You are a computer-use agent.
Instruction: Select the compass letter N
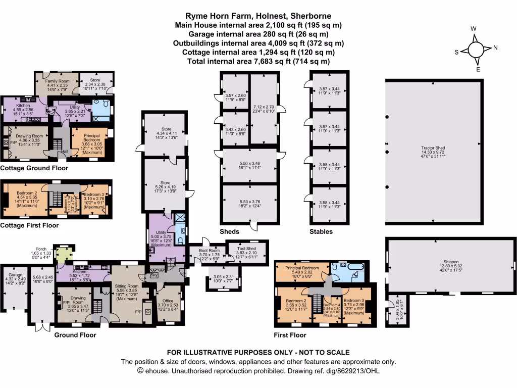495,48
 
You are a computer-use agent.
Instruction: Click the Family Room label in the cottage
57,81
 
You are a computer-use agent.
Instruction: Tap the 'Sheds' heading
230,232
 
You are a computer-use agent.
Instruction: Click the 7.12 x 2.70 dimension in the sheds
263,107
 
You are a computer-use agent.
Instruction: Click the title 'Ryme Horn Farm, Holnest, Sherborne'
258,16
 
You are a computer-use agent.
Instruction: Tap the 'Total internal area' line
258,61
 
